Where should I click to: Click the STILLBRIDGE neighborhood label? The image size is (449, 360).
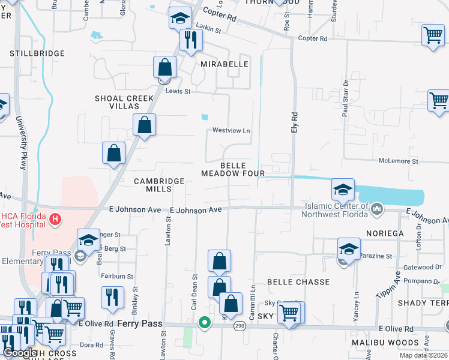click(x=37, y=53)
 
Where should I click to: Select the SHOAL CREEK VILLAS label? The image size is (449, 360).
click(x=125, y=102)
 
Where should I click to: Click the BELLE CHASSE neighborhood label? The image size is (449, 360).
click(x=298, y=282)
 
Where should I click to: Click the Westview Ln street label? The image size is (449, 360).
click(x=231, y=131)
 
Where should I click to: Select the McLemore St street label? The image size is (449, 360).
click(x=398, y=161)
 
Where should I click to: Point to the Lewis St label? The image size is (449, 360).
click(x=178, y=92)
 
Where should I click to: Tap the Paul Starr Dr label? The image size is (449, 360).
click(x=346, y=98)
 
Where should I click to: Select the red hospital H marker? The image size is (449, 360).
click(x=55, y=219)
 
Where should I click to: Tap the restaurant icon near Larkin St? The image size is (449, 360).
click(x=191, y=40)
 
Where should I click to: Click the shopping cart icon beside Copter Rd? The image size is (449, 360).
click(x=433, y=35)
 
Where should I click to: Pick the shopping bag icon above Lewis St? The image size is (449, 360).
click(x=164, y=67)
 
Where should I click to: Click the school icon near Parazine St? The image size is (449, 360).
click(x=349, y=248)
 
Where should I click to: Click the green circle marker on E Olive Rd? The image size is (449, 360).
click(x=205, y=323)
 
